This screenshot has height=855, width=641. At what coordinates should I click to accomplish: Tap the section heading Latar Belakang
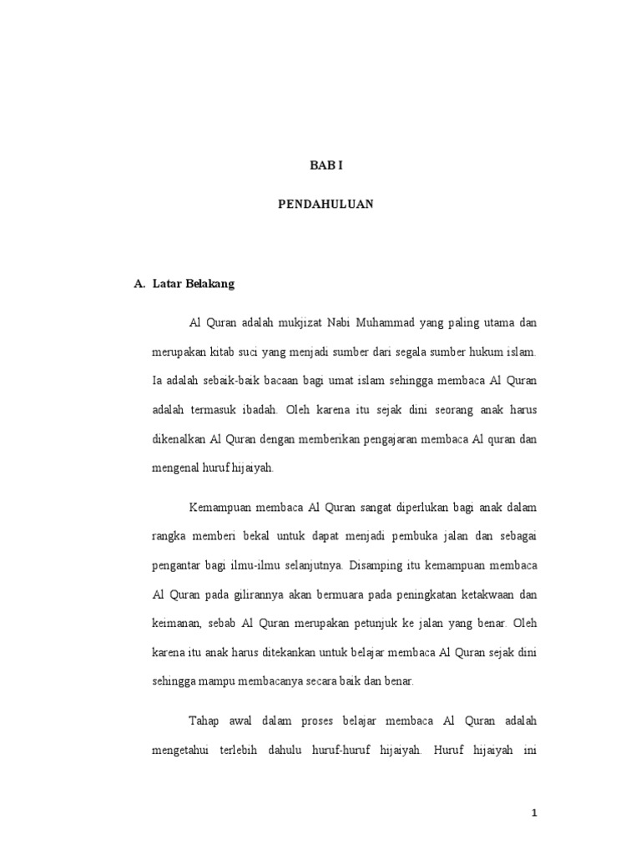pyautogui.click(x=194, y=284)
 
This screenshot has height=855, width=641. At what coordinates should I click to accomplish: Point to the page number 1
pyautogui.click(x=534, y=815)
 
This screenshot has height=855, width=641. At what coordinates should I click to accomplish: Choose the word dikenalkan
pyautogui.click(x=181, y=439)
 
